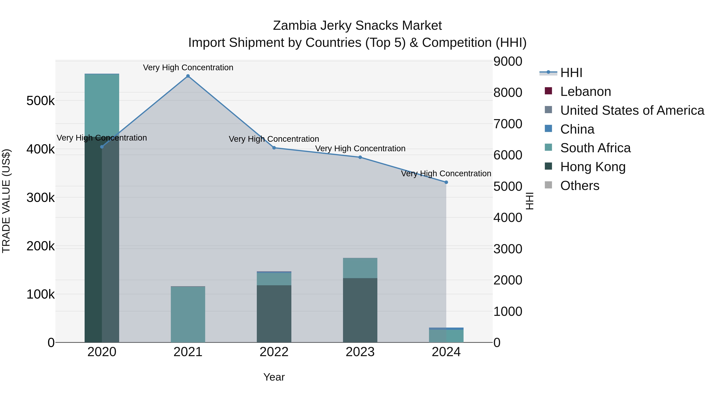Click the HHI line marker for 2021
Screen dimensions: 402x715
(188, 76)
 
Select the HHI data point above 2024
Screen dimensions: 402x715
(446, 182)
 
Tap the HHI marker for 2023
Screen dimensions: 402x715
(360, 157)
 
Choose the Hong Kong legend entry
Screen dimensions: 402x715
(593, 167)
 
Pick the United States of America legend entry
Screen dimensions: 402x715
(632, 110)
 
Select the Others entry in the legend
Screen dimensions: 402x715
(580, 186)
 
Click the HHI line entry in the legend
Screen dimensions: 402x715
(571, 73)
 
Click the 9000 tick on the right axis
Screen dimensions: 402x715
(508, 61)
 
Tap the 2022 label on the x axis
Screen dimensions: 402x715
(274, 352)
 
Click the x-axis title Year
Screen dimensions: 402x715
(274, 377)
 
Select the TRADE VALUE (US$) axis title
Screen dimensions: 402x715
(6, 201)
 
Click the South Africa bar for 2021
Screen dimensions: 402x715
(188, 314)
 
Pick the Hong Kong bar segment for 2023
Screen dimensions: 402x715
(360, 310)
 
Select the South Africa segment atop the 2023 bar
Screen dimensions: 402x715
(360, 268)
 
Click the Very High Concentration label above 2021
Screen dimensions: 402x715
(188, 67)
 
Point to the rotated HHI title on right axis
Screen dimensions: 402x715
(529, 201)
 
